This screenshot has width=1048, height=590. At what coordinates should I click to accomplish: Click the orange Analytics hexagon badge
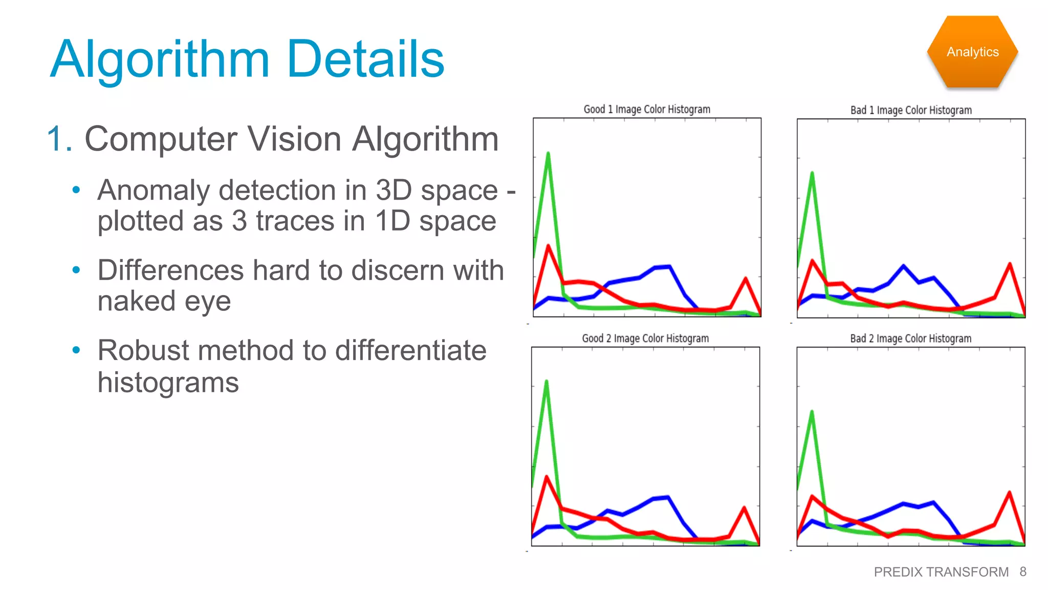(972, 52)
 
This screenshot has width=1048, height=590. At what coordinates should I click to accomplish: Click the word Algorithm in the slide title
(160, 60)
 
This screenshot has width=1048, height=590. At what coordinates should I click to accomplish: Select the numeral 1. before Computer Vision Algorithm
(59, 139)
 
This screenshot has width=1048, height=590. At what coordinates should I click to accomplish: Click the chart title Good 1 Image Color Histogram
(647, 109)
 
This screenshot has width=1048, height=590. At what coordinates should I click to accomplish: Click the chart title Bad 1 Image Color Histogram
(911, 110)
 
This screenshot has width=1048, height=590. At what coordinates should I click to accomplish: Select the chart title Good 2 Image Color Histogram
(645, 339)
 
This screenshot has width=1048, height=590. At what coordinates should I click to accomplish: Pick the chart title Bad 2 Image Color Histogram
(911, 339)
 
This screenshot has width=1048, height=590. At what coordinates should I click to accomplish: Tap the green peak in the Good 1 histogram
(548, 154)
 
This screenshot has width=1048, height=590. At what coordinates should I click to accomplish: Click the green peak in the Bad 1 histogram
(812, 174)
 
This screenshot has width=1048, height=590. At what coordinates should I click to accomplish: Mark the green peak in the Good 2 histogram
(547, 382)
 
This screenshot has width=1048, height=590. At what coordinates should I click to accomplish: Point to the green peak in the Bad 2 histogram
(812, 412)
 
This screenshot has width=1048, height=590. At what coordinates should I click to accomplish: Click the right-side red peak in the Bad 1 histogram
(1010, 264)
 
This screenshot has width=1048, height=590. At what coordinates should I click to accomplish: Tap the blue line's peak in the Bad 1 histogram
(904, 266)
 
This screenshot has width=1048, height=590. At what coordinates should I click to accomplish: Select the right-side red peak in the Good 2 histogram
(744, 508)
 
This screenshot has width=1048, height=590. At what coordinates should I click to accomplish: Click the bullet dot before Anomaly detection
(76, 190)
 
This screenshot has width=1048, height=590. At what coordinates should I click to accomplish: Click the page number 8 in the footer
(1022, 572)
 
